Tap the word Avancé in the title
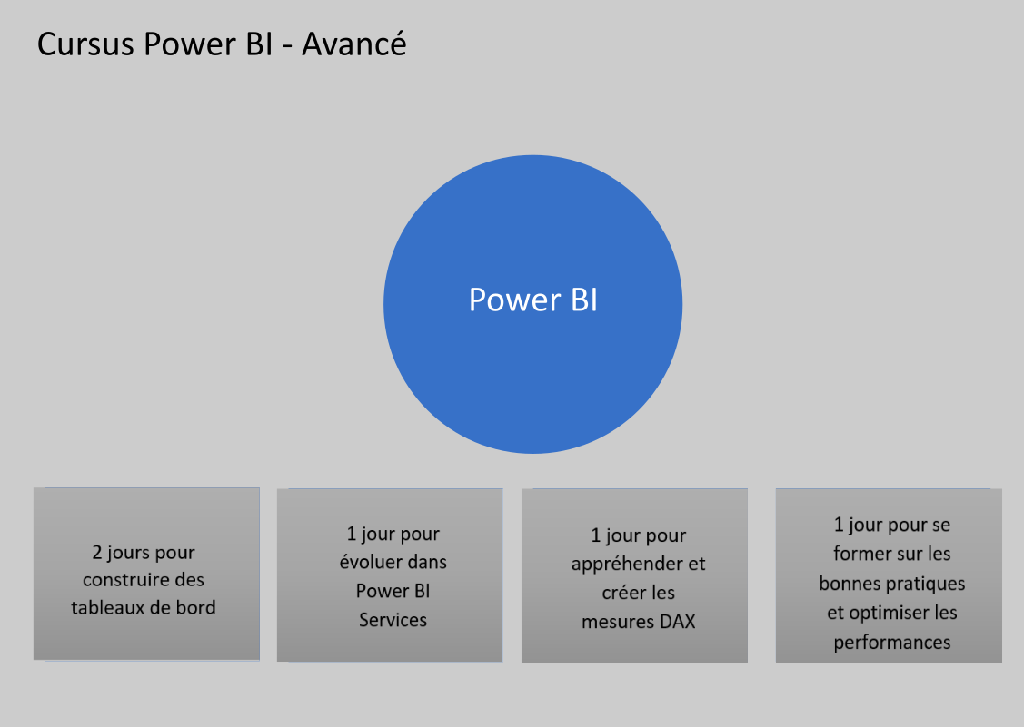coord(354,44)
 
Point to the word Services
coord(393,620)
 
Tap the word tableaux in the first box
coord(108,607)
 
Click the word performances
coord(892,643)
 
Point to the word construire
coord(125,580)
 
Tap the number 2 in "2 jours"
coord(97,552)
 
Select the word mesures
coord(613,622)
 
